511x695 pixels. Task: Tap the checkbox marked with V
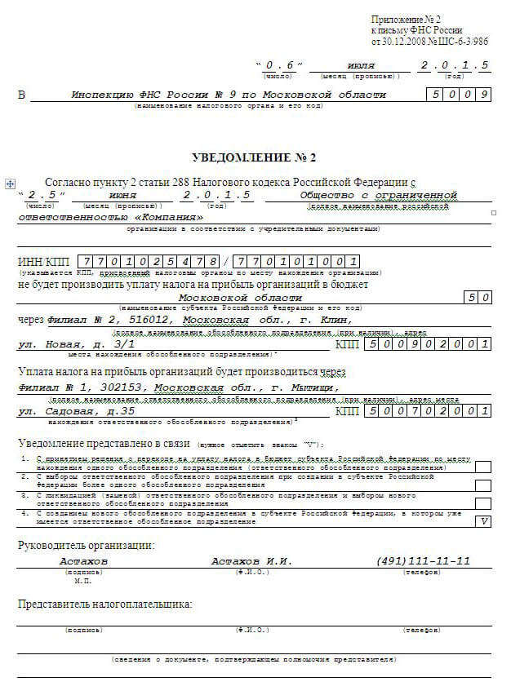point(483,520)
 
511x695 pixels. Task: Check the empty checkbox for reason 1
point(483,467)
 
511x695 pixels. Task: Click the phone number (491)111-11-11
point(423,561)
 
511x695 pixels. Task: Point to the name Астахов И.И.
point(251,561)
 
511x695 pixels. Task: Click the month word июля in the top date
point(360,65)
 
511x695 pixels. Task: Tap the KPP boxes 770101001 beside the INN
point(296,262)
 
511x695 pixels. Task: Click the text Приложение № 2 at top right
point(406,19)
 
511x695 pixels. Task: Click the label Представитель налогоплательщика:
point(104,604)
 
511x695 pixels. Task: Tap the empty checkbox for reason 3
point(483,502)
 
